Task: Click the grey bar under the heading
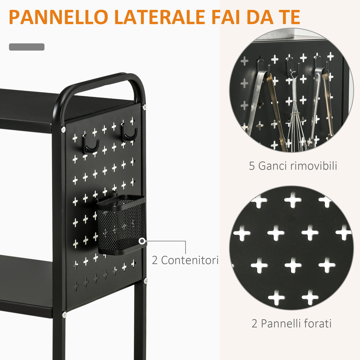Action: [x=27, y=47]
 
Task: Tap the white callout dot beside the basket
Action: [x=143, y=241]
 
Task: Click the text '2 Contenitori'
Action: [x=185, y=260]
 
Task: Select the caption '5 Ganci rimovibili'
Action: [x=293, y=166]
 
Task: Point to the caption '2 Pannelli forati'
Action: [x=291, y=323]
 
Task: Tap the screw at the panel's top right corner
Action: [x=144, y=107]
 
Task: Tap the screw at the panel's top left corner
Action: [x=63, y=129]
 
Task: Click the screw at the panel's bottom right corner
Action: [x=145, y=280]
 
